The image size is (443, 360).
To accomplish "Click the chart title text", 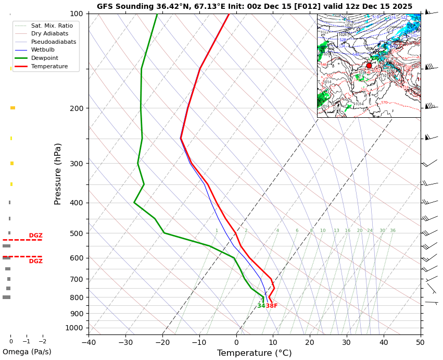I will (255, 6).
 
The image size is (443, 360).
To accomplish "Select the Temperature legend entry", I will (49, 66).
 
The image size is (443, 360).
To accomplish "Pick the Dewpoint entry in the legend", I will (45, 58).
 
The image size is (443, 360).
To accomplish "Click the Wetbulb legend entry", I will (43, 50).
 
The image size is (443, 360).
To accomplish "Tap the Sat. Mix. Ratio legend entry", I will (52, 26).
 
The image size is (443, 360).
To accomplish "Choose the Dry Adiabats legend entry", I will (49, 33).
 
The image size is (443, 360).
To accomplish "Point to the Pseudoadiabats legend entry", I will (54, 42).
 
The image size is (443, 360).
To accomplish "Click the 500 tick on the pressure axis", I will (77, 233).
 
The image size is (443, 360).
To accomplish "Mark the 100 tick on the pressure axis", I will (77, 14).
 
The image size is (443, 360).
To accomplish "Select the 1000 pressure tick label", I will (74, 328).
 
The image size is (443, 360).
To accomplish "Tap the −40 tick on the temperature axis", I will (88, 342).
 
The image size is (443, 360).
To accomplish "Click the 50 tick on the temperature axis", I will (420, 342).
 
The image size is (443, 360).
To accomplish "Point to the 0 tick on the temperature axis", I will (236, 342).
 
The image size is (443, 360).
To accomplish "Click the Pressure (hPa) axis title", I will (58, 173).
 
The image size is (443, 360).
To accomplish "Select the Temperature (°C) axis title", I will (254, 353).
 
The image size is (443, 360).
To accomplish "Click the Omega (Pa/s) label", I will (27, 352).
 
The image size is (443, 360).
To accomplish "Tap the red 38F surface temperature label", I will (272, 306).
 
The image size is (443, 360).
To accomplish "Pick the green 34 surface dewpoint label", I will (261, 306).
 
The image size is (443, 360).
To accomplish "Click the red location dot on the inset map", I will (369, 66).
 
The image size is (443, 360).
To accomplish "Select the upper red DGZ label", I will (36, 235).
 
